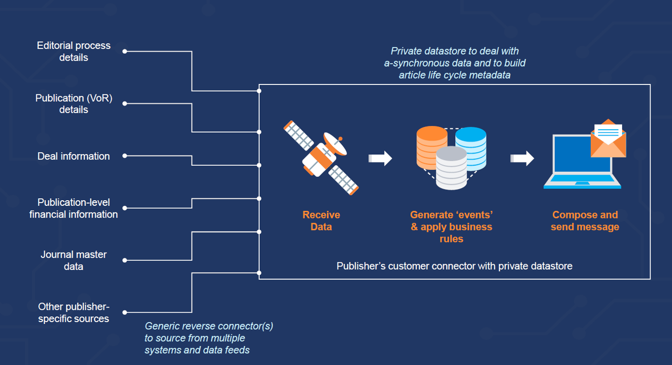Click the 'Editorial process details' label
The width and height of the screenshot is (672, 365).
74,51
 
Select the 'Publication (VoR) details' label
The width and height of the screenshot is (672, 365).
74,104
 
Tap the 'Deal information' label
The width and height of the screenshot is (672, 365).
74,156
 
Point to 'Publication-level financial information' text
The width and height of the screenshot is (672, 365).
74,208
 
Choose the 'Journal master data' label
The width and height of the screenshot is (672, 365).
74,260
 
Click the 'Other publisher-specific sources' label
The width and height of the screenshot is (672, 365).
74,313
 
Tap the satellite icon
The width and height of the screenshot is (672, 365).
321,158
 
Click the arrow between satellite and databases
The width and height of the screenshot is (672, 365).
380,158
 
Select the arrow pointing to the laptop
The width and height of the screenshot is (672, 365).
522,158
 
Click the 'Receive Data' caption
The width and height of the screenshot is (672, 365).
321,221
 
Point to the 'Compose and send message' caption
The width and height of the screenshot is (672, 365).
585,221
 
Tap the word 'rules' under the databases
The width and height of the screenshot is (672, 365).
451,239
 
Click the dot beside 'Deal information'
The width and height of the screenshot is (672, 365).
125,156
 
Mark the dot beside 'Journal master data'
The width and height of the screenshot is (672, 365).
125,260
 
